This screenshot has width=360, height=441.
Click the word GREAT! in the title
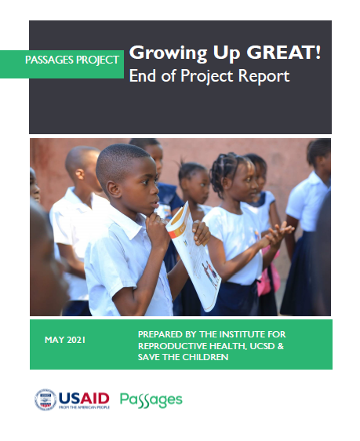pos(284,53)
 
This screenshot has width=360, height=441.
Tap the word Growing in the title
pos(169,53)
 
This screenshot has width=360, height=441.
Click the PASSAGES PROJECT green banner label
pos(72,60)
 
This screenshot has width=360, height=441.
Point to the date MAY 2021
pos(65,340)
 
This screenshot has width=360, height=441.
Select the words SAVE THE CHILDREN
pos(183,357)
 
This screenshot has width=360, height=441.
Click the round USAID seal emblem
pos(45,399)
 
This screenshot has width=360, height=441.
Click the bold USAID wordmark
pos(84,399)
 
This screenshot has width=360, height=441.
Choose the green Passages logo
pos(151,400)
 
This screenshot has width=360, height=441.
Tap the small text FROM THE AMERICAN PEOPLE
pos(84,407)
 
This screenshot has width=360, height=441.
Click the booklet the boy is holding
pos(194,257)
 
